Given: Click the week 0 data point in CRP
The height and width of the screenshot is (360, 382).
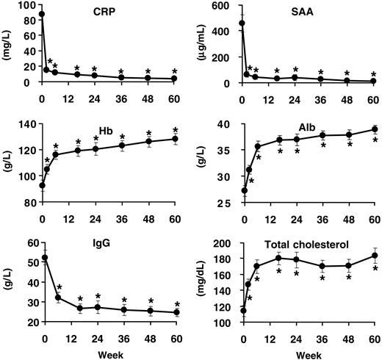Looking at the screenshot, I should (42, 14).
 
